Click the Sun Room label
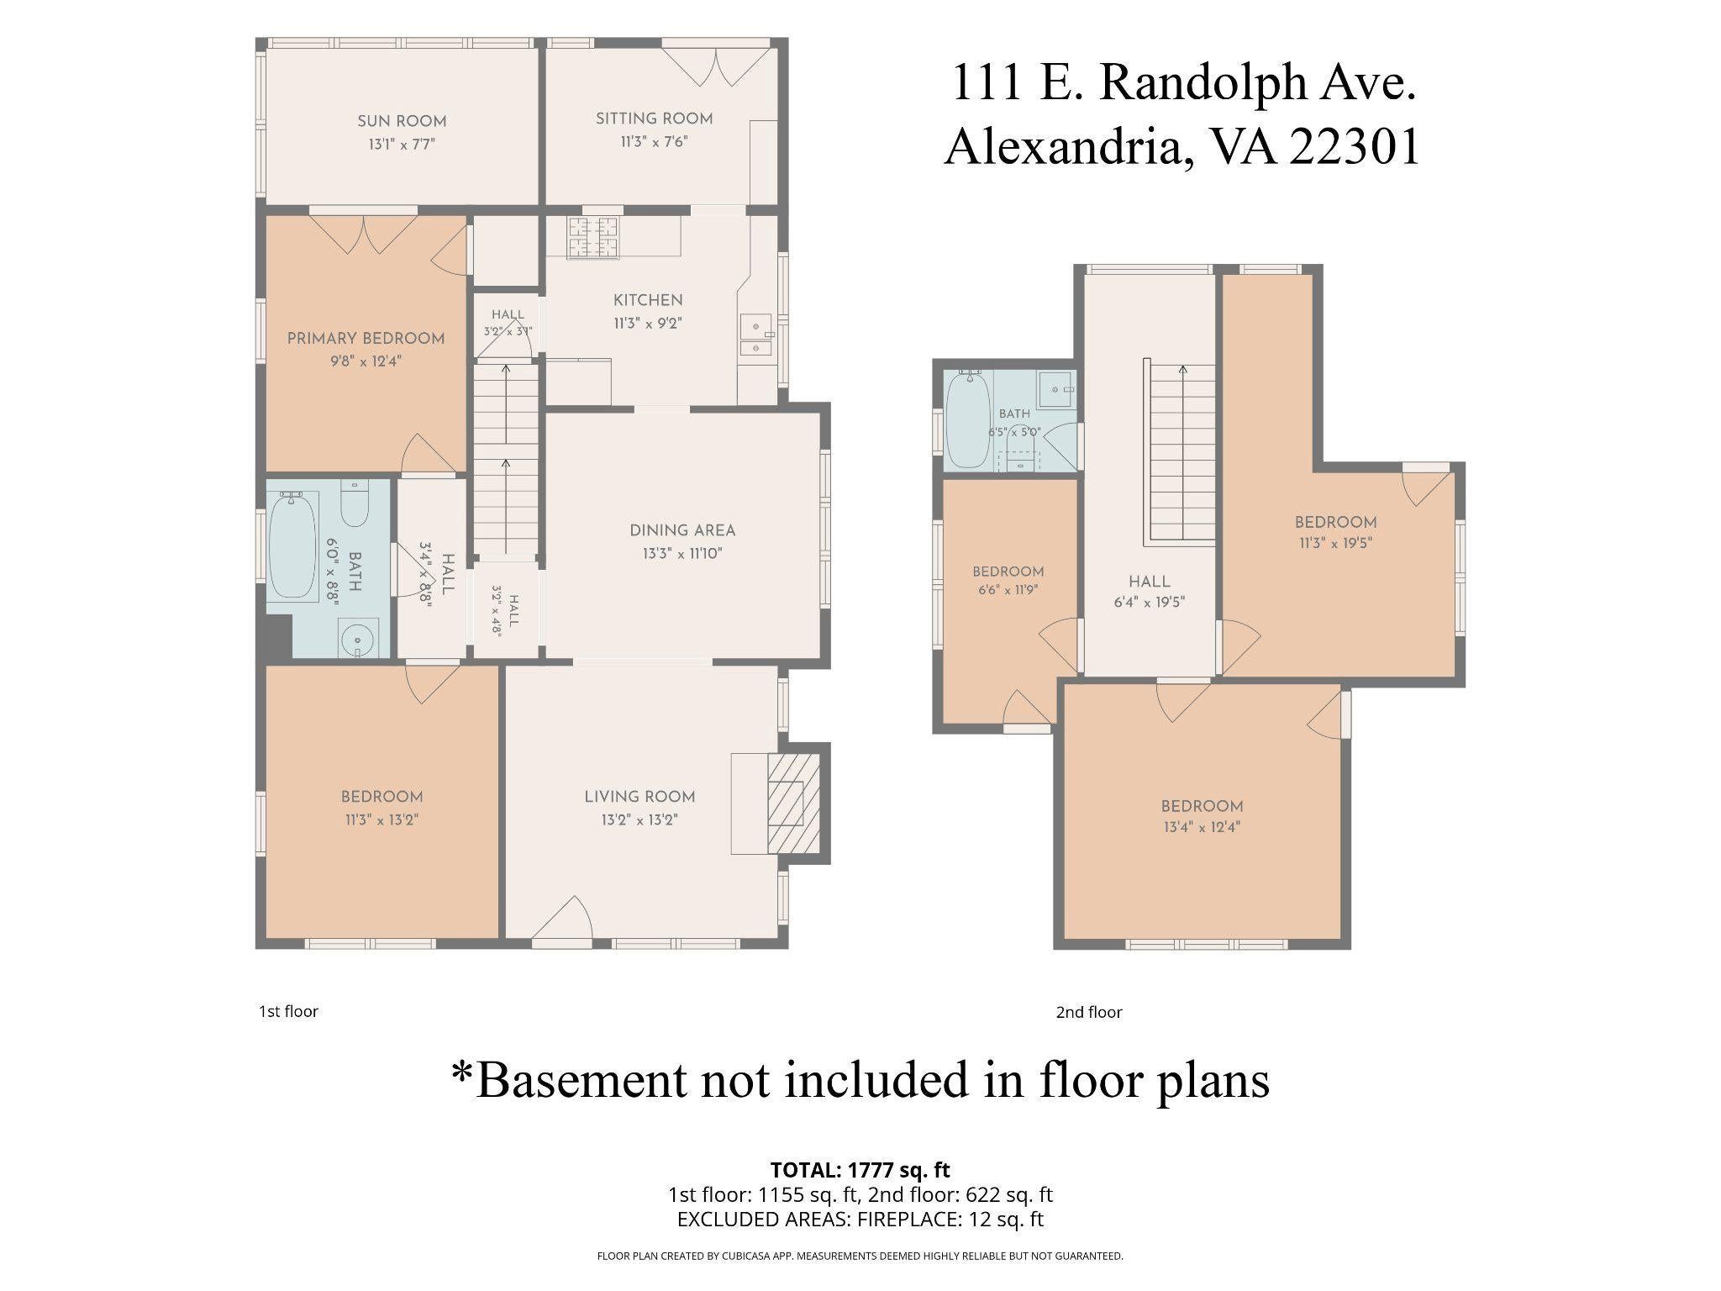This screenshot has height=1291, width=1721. click(402, 121)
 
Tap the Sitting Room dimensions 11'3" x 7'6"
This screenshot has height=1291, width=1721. click(654, 142)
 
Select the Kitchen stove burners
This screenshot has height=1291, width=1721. click(592, 238)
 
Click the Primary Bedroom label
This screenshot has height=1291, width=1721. click(366, 339)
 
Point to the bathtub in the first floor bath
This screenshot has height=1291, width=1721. click(292, 545)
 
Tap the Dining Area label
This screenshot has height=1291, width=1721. click(682, 530)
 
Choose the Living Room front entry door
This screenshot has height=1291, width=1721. click(563, 923)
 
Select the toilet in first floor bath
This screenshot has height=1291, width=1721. click(355, 503)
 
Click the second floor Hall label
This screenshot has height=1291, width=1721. click(1150, 582)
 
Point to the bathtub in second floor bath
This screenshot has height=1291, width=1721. click(968, 420)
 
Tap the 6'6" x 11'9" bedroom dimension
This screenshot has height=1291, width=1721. click(1008, 590)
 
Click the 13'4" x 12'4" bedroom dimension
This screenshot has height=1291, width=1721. click(1202, 827)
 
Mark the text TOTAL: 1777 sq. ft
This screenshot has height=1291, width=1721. click(860, 1170)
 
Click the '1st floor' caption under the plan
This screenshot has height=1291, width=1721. click(288, 1011)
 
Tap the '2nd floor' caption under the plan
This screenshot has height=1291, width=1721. click(1089, 1012)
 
